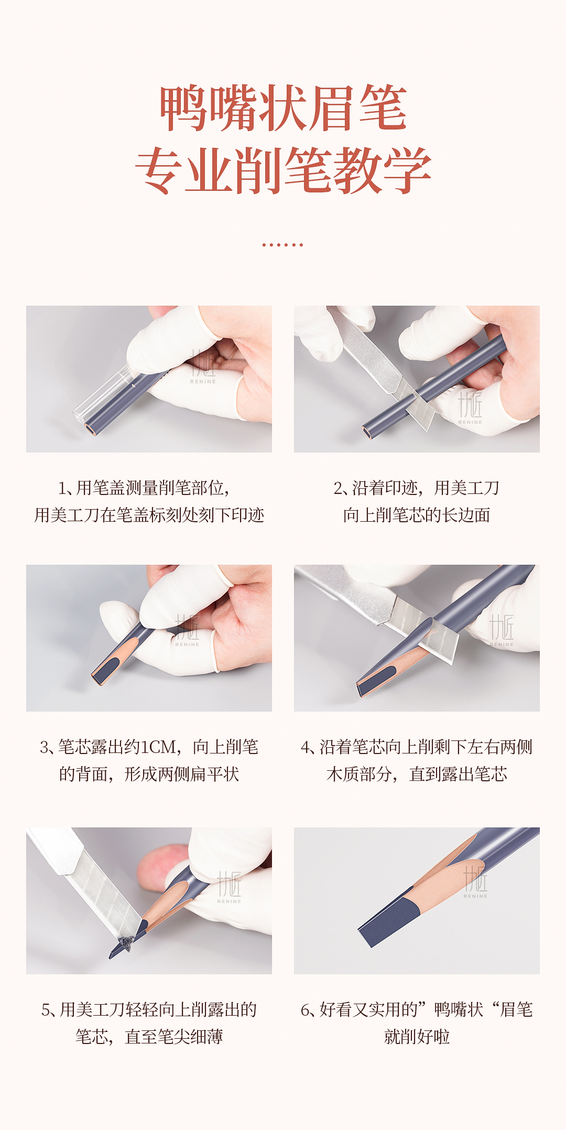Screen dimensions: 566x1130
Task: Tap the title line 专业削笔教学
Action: pos(284,170)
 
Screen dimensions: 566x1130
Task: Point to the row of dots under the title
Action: pos(282,244)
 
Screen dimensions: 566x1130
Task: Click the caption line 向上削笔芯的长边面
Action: pos(417,515)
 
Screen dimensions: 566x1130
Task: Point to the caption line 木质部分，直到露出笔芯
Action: pos(417,774)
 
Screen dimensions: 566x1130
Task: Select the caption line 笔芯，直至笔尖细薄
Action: pos(149,1037)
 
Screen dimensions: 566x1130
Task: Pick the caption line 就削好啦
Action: pos(417,1037)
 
